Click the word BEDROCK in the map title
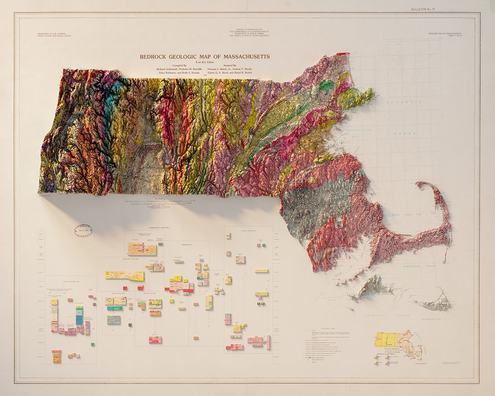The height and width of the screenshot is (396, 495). [x=154, y=57]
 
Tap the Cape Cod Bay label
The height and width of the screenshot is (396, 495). [x=403, y=213]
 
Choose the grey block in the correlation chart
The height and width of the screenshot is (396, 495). [x=114, y=320]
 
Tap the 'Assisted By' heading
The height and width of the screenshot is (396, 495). [x=228, y=66]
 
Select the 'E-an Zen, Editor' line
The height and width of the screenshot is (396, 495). [x=205, y=61]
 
